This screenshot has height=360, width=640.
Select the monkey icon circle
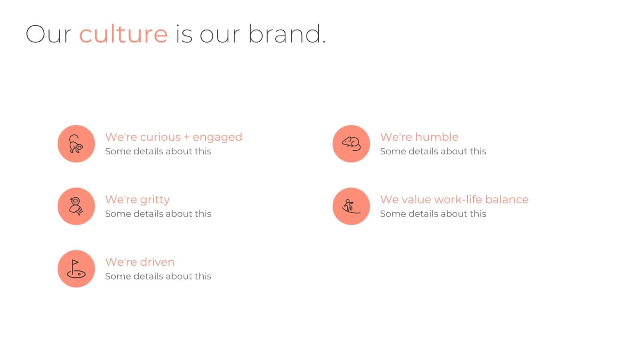[76, 144]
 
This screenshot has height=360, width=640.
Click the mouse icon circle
[351, 144]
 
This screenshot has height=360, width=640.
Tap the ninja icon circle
[76, 206]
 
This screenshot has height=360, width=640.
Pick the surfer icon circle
[351, 206]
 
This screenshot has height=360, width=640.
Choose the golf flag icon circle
[76, 268]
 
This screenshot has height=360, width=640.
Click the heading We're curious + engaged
[173, 137]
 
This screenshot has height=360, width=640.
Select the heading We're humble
[419, 137]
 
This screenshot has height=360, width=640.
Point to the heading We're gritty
[137, 199]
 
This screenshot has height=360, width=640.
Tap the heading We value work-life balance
[454, 199]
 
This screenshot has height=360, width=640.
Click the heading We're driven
[140, 262]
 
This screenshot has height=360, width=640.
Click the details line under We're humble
[433, 151]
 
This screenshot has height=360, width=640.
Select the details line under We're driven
[158, 276]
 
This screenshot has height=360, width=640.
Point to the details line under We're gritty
[158, 214]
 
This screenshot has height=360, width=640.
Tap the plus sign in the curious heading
[186, 137]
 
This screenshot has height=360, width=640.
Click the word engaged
[217, 137]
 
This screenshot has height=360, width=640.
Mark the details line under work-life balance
[433, 214]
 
